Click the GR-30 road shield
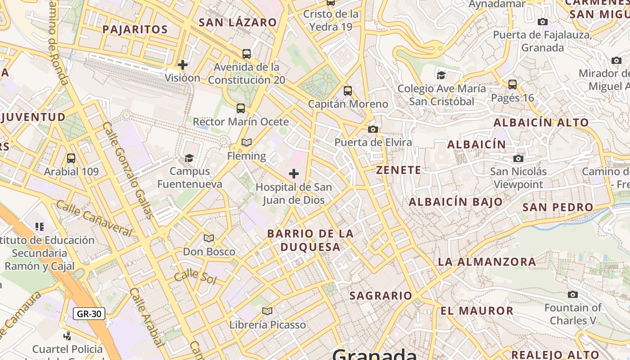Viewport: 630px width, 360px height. [x=89, y=314]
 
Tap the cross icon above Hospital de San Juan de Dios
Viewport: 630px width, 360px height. [x=294, y=173]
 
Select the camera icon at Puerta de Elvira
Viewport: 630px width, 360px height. [x=373, y=130]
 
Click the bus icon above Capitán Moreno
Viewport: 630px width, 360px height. [x=348, y=91]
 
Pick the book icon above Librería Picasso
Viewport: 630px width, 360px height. [x=267, y=311]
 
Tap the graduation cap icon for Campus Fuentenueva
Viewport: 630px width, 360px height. [x=189, y=158]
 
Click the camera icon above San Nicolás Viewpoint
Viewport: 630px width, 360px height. [x=518, y=158]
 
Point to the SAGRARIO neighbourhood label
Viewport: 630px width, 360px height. [x=381, y=296]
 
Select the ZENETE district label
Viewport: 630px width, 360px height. [x=399, y=170]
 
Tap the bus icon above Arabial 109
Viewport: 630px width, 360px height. [x=71, y=158]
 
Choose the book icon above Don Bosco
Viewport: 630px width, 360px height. [x=209, y=238]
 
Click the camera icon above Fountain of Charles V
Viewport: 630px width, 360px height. [x=573, y=295]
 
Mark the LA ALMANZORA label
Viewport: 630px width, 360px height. [x=487, y=261]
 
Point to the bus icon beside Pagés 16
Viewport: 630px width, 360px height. [x=512, y=84]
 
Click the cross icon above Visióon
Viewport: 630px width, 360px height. [x=183, y=65]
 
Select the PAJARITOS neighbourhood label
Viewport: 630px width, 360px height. [x=135, y=30]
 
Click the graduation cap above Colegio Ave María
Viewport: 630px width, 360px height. [x=441, y=75]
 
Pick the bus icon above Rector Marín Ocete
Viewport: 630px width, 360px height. [x=241, y=108]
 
